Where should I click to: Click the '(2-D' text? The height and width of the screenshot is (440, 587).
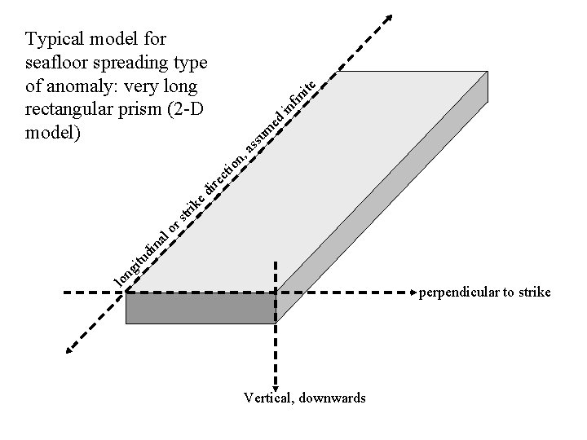click(x=187, y=108)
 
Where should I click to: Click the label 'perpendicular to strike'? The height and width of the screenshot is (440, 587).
click(x=484, y=292)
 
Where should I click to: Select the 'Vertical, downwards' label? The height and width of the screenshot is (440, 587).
click(x=304, y=398)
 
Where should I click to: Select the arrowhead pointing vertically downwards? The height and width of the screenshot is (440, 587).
click(x=276, y=387)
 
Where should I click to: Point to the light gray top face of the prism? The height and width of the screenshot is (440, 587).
click(x=310, y=187)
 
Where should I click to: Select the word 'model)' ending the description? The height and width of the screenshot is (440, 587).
click(x=53, y=131)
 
